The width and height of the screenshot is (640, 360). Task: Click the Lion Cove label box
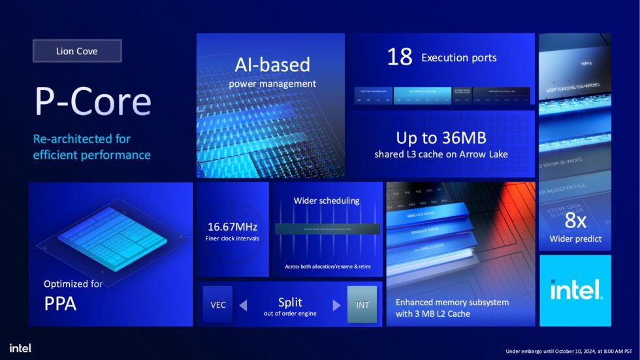pyautogui.click(x=77, y=51)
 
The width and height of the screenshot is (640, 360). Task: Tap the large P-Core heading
pyautogui.click(x=93, y=102)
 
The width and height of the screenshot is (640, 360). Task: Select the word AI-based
pyautogui.click(x=272, y=65)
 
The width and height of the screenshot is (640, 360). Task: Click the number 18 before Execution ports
pyautogui.click(x=400, y=57)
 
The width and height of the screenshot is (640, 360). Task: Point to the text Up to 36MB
pyautogui.click(x=441, y=138)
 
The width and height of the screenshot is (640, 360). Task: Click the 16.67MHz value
pyautogui.click(x=232, y=227)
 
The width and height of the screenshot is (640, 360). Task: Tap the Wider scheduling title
pyautogui.click(x=327, y=201)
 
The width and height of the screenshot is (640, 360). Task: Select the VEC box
pyautogui.click(x=218, y=304)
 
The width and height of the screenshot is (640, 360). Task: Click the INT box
pyautogui.click(x=362, y=304)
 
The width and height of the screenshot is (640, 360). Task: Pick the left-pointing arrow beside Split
pyautogui.click(x=242, y=305)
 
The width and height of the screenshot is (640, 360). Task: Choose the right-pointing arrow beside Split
pyautogui.click(x=337, y=305)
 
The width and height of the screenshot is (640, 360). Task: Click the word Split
pyautogui.click(x=290, y=303)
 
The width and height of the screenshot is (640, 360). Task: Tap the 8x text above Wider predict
pyautogui.click(x=575, y=221)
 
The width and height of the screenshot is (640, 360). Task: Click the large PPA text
pyautogui.click(x=60, y=303)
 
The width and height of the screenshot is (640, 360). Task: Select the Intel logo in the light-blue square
pyautogui.click(x=575, y=290)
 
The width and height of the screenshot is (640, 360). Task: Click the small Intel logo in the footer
pyautogui.click(x=20, y=348)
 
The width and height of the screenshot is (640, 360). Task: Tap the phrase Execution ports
pyautogui.click(x=458, y=57)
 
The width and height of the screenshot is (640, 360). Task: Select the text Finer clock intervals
pyautogui.click(x=232, y=238)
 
